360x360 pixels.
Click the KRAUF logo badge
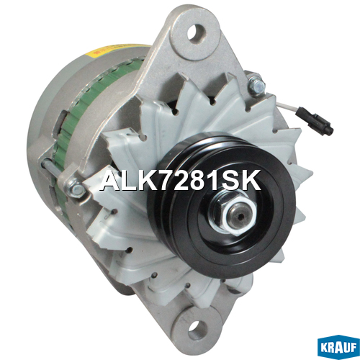coord(338,347)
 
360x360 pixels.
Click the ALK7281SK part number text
coord(181,181)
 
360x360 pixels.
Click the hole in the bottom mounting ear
coord(197,330)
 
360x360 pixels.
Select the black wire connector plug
coord(315,121)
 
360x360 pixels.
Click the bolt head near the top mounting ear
coord(257,85)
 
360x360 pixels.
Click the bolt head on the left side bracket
coord(75,187)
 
